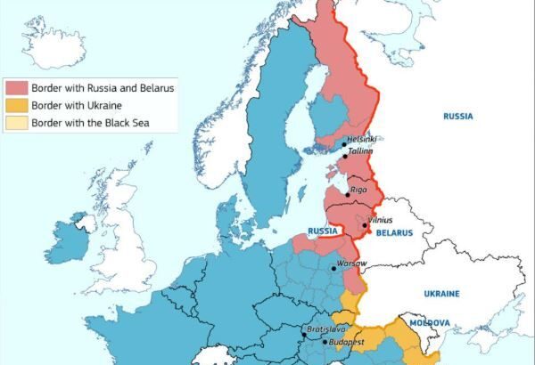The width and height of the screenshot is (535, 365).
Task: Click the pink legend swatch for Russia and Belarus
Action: pos(16,88)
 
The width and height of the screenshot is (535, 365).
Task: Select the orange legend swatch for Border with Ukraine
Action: pos(16,105)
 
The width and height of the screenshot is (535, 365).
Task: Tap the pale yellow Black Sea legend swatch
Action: pos(16,122)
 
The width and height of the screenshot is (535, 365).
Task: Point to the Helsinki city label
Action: pos(362,139)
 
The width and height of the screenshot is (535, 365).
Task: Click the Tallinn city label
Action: pos(360,152)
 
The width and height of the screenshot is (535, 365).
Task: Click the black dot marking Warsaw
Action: pos(333,267)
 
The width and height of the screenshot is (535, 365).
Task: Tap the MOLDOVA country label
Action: pos(426,323)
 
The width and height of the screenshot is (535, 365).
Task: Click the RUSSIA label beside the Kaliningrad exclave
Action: pos(321,231)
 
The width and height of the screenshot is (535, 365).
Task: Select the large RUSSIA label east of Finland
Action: pos(458,116)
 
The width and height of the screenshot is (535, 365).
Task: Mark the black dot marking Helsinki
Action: pos(343,144)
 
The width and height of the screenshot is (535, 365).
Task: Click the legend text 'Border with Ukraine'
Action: pos(78,105)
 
